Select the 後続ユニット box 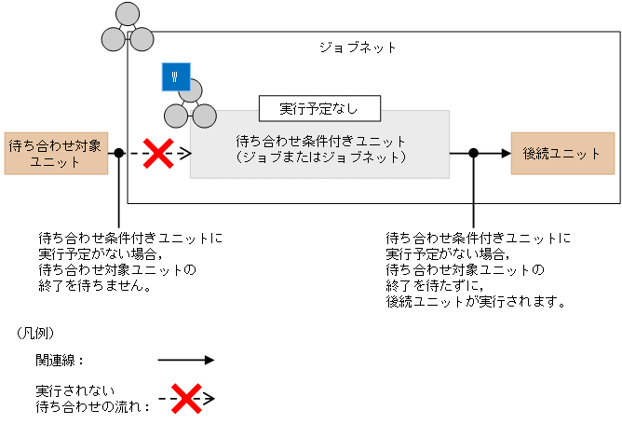coord(562,153)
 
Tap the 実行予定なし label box coord(319,108)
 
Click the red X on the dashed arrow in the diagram coord(158,154)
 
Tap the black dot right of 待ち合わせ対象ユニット coord(118,154)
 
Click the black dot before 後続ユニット coord(474,154)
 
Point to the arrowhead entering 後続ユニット coord(505,154)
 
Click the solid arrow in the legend coord(185,360)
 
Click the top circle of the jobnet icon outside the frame coord(128,17)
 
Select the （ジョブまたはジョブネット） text coord(321,157)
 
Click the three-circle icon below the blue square coord(187,105)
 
